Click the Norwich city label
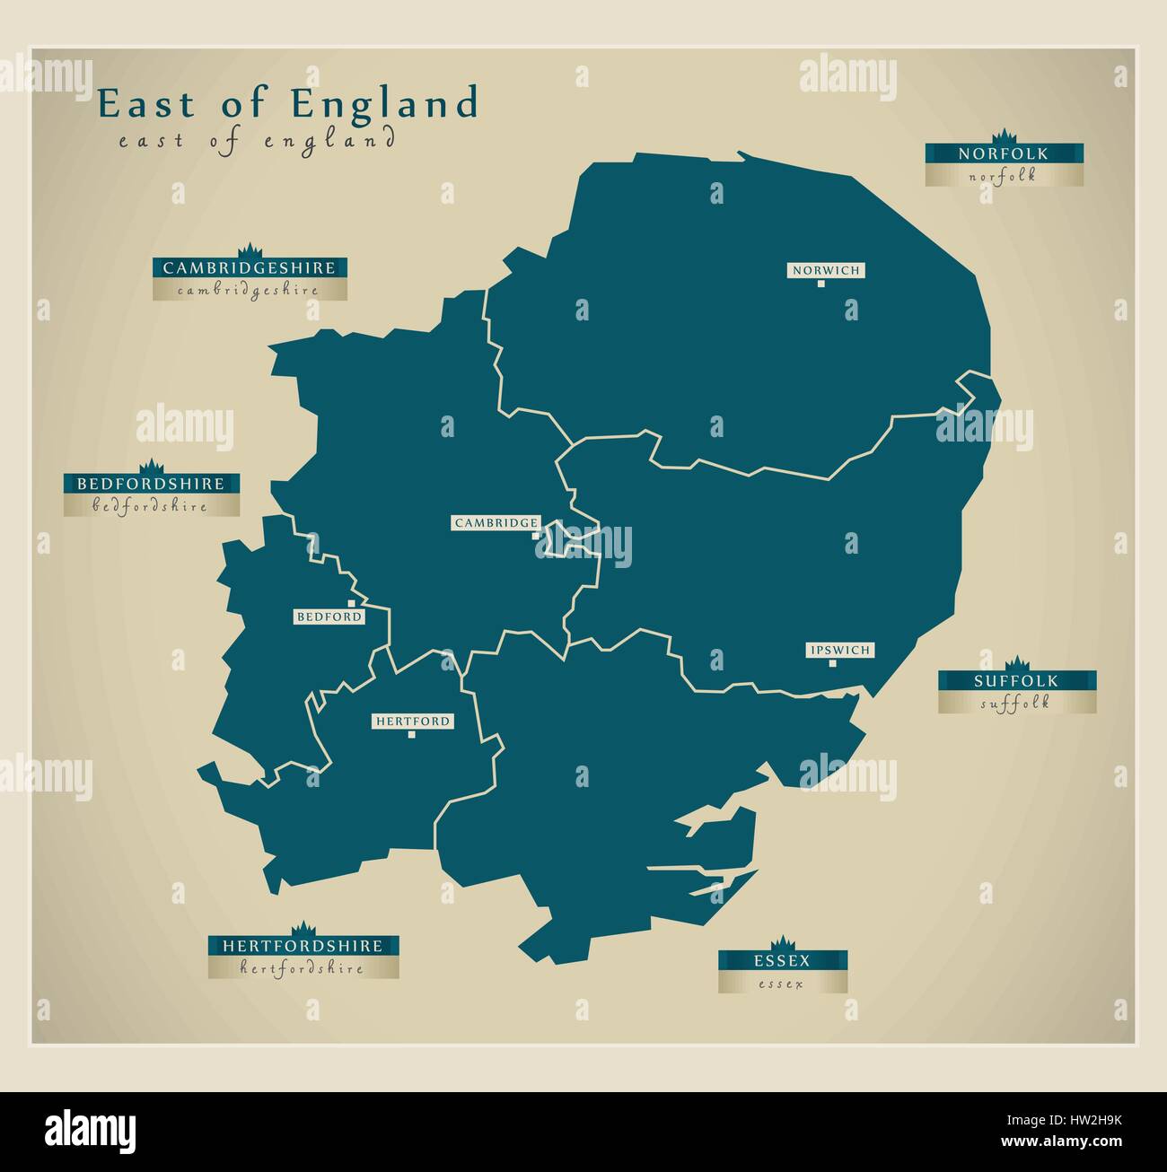click(825, 270)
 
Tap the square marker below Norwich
click(820, 284)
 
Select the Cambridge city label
click(496, 522)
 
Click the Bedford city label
click(329, 617)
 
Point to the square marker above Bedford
click(351, 604)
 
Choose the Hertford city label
click(412, 722)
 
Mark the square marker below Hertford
click(412, 735)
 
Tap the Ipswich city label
click(839, 650)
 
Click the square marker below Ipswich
click(833, 664)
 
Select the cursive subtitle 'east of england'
click(256, 141)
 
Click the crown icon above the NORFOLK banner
click(1005, 136)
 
